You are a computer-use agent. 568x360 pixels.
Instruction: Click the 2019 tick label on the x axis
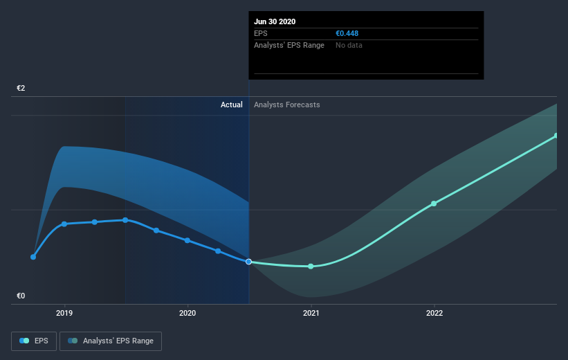pyautogui.click(x=64, y=313)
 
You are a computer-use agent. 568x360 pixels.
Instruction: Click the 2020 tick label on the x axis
pyautogui.click(x=187, y=313)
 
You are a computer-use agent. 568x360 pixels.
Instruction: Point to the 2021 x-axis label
pyautogui.click(x=311, y=313)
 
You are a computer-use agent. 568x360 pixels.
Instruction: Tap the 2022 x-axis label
pyautogui.click(x=434, y=313)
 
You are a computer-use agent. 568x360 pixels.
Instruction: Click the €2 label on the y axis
pyautogui.click(x=21, y=89)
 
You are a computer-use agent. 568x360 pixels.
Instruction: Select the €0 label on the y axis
pyautogui.click(x=21, y=296)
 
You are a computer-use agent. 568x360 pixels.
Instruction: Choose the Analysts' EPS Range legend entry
pyautogui.click(x=111, y=341)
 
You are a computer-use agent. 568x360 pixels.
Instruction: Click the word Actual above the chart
pyautogui.click(x=231, y=105)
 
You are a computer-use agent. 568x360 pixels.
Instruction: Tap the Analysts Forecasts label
pyautogui.click(x=287, y=105)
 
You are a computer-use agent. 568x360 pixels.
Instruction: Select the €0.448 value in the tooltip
pyautogui.click(x=347, y=33)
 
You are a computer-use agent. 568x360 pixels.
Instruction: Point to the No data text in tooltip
pyautogui.click(x=349, y=45)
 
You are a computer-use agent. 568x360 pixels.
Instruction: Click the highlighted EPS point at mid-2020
pyautogui.click(x=248, y=262)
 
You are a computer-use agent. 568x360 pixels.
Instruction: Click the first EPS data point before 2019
pyautogui.click(x=33, y=257)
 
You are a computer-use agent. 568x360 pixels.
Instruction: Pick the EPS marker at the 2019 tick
pyautogui.click(x=64, y=224)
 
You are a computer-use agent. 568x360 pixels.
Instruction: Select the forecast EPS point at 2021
pyautogui.click(x=311, y=266)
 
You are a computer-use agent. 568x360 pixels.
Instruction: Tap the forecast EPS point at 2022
pyautogui.click(x=434, y=204)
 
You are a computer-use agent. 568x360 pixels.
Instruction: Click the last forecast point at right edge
pyautogui.click(x=556, y=136)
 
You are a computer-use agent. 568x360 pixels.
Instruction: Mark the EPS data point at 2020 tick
pyautogui.click(x=187, y=240)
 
